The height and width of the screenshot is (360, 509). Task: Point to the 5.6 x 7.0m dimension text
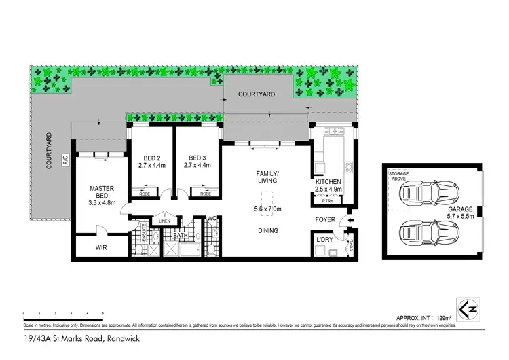point(267,209)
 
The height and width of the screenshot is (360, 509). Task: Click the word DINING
point(267,231)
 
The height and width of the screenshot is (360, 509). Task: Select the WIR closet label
point(100,248)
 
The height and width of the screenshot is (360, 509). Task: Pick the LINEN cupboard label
point(164,221)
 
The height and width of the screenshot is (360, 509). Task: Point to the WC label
point(211,219)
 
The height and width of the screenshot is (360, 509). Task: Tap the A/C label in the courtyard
point(66,160)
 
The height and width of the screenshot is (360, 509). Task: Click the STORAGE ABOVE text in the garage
point(399,178)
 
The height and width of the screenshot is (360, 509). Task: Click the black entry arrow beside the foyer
point(351,220)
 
